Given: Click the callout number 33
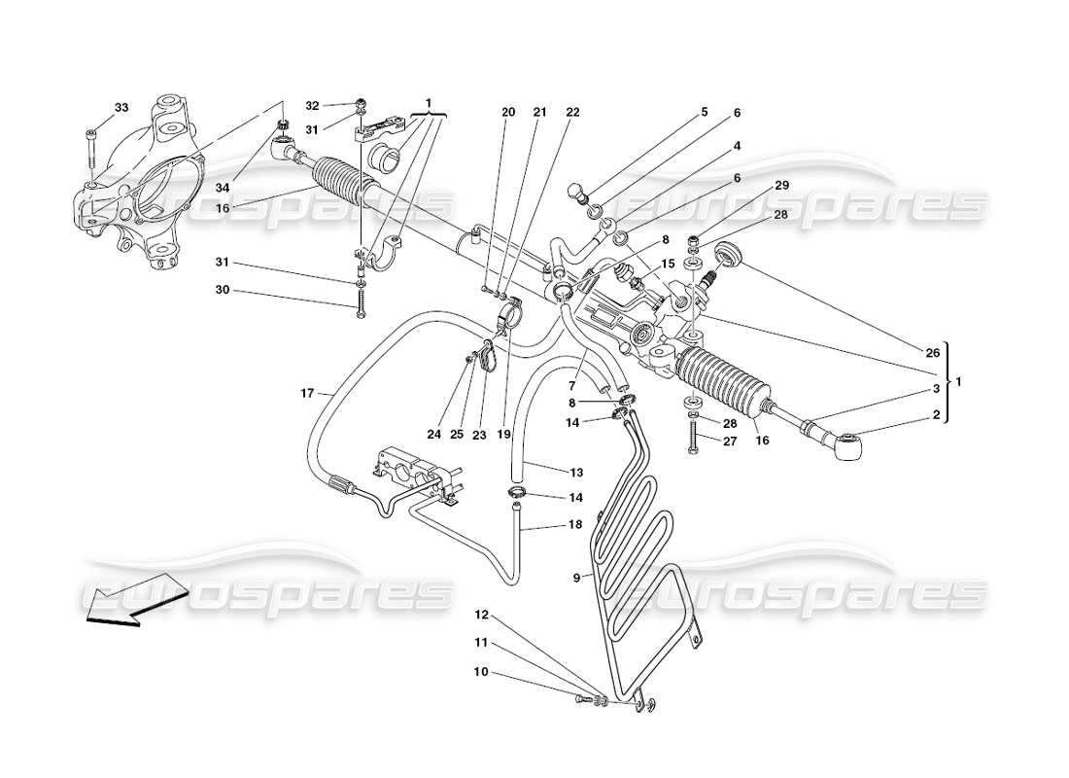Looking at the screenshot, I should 121,107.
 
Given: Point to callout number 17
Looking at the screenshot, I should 307,394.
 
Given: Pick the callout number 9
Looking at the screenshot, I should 576,577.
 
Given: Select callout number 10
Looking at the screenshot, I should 482,672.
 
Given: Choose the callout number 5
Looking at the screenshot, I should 704,113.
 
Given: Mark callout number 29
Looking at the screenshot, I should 782,185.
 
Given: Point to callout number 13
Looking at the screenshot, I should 576,473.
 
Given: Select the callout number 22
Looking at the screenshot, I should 572,113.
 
